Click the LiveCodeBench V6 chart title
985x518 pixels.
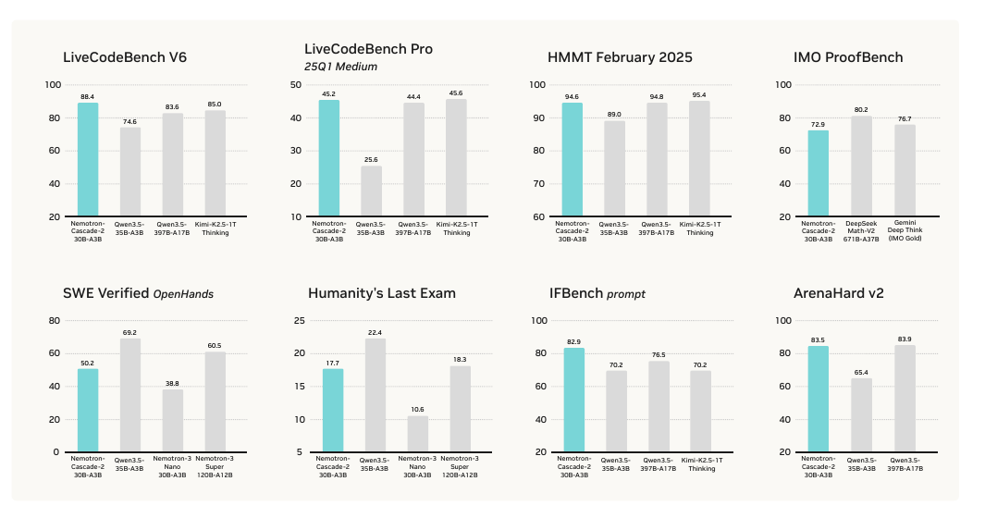pos(125,57)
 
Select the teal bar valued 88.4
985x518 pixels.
pos(88,159)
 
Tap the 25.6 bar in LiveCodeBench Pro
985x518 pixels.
pos(371,191)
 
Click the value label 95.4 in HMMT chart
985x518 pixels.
pos(699,94)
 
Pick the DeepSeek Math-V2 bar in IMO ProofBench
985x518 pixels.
pos(861,166)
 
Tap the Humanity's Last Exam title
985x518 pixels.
pos(382,293)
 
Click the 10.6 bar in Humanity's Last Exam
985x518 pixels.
pos(418,433)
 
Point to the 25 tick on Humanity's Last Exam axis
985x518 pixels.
pos(299,320)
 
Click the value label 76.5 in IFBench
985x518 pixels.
pos(659,354)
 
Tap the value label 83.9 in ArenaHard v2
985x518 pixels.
pos(905,339)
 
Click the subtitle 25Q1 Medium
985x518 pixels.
pos(340,67)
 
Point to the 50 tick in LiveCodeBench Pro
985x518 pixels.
pos(297,84)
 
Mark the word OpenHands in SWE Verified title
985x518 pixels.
pos(184,294)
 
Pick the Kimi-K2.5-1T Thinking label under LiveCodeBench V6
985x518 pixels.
pos(215,228)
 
